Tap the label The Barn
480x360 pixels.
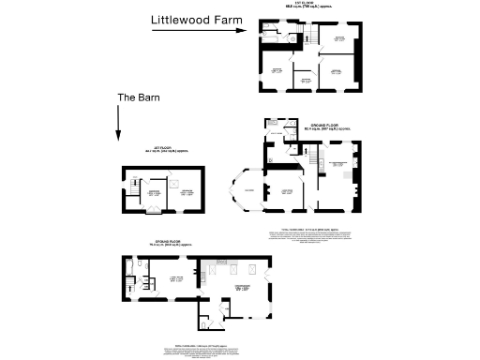(x=137, y=97)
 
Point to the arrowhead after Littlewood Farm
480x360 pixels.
(x=240, y=30)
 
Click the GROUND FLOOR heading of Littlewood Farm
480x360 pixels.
(x=330, y=126)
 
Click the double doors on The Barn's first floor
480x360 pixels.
(x=156, y=212)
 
